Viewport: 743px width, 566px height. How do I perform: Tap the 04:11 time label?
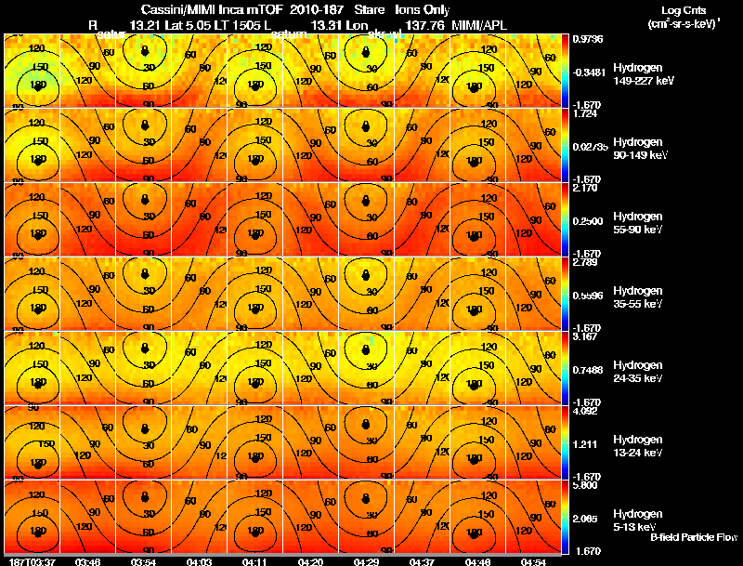(x=255, y=561)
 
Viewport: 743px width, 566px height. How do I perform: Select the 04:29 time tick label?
(x=367, y=561)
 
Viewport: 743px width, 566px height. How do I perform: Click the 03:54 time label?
(x=144, y=561)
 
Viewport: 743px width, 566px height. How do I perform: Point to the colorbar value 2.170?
(x=586, y=188)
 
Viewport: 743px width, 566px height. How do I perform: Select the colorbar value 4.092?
(x=586, y=411)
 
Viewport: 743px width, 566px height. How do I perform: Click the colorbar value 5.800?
(x=586, y=485)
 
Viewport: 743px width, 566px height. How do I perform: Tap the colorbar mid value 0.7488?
(x=587, y=369)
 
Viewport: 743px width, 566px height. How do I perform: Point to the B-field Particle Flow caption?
(x=693, y=537)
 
